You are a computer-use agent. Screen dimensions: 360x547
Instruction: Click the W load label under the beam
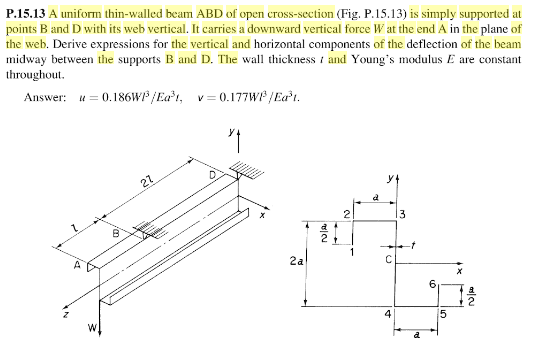coord(89,326)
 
